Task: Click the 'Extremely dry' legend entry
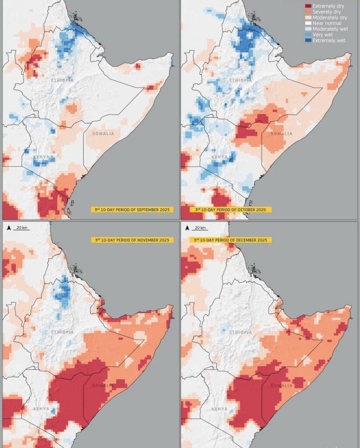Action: tap(328, 6)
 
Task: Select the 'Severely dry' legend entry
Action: tap(327, 12)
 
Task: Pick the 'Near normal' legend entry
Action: tap(326, 23)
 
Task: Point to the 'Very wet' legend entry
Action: tap(323, 35)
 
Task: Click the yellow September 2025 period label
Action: tap(132, 210)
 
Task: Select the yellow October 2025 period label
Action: tap(230, 210)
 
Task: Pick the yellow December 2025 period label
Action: tap(230, 240)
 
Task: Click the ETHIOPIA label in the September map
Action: tap(60, 80)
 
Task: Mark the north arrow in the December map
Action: tap(187, 228)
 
